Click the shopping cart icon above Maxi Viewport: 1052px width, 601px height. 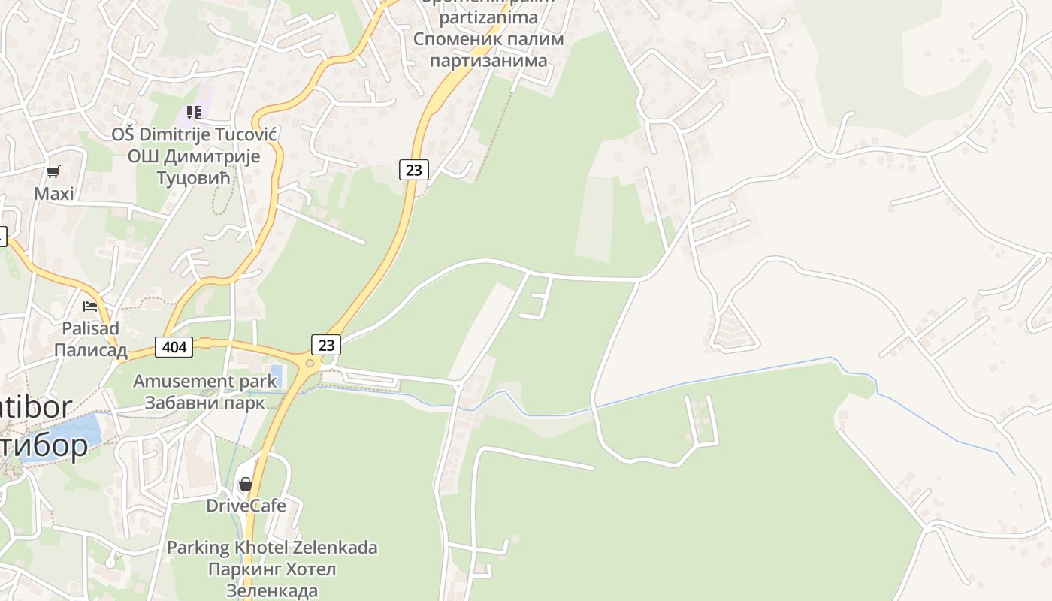point(53,172)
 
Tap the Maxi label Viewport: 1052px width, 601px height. point(54,194)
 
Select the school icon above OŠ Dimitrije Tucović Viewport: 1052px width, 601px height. point(194,113)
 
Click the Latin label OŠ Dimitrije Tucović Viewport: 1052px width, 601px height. point(195,135)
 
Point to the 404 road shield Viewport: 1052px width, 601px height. point(174,346)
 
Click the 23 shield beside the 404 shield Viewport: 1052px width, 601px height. point(326,345)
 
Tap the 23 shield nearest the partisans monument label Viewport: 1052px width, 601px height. point(413,170)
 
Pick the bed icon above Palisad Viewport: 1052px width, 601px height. point(90,306)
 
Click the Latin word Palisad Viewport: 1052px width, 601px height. point(90,328)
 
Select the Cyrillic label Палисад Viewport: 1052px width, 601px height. point(90,351)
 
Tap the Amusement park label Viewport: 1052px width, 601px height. point(205,381)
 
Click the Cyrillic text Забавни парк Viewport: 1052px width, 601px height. point(205,403)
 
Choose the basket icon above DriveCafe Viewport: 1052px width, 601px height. point(246,484)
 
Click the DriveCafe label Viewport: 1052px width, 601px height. point(246,506)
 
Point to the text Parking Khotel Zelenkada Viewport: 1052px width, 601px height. point(272,548)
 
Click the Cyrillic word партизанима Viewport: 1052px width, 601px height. point(488,60)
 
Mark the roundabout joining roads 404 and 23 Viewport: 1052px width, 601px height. point(309,364)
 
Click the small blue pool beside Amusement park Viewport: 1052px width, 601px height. point(275,375)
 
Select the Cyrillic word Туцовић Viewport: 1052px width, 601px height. point(193,178)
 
